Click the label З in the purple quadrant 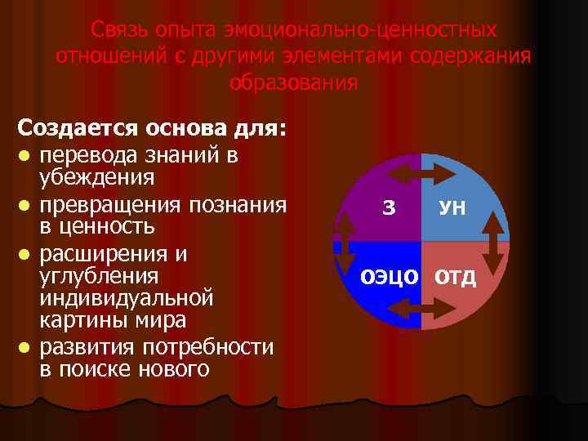389,207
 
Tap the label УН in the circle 452,208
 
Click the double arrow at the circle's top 421,173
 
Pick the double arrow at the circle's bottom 421,308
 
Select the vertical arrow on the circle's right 492,243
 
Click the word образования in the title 293,82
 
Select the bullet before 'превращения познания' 26,204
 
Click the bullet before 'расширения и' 26,255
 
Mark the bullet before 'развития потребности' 26,347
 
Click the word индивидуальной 127,296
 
